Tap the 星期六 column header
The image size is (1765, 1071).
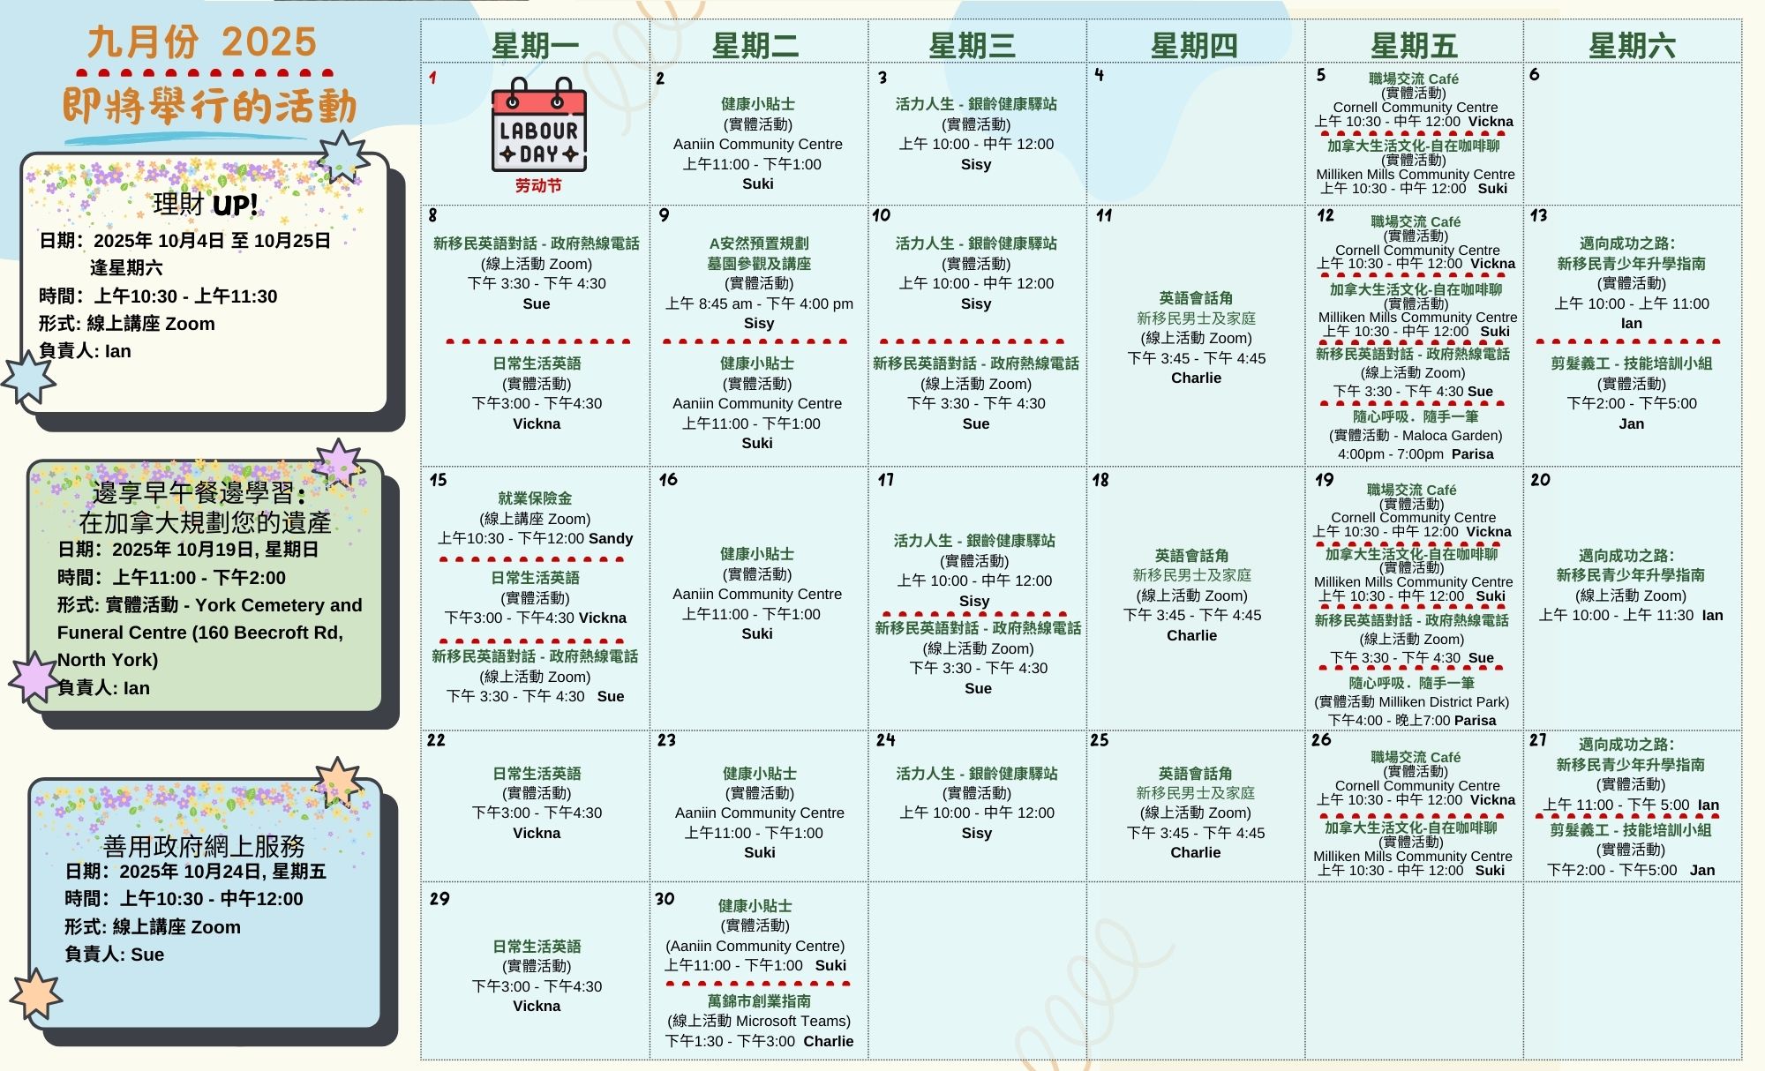1632,45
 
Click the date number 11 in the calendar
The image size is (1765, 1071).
1104,215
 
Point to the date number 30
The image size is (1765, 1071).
665,899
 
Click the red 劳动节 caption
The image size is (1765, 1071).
538,185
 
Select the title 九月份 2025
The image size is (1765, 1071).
202,42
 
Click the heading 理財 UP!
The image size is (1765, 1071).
206,205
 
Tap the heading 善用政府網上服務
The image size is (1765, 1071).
204,846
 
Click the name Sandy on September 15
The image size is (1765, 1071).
611,538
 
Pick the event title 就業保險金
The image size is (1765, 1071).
535,498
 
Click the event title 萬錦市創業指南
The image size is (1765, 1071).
759,1001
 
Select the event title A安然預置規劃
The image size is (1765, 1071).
759,243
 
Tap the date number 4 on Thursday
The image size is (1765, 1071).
1099,75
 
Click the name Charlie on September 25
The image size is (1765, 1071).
1196,852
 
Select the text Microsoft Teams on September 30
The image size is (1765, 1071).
792,1021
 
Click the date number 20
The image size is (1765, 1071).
1540,480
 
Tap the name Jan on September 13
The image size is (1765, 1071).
1631,423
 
